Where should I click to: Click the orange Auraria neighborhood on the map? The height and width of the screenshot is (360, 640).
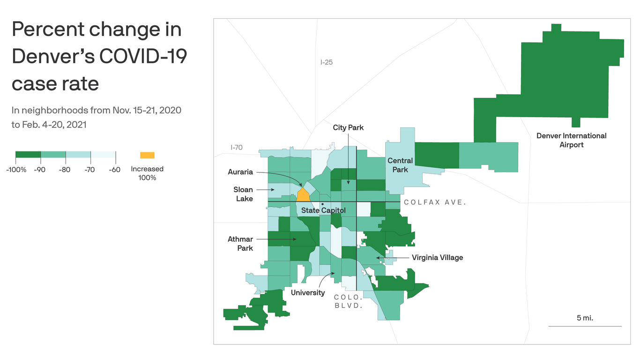pos(303,195)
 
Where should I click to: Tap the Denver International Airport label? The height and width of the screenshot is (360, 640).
pos(571,140)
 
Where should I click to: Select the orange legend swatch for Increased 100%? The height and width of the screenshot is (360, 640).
pos(147,155)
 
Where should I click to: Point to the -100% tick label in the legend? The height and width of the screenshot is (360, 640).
pos(16,170)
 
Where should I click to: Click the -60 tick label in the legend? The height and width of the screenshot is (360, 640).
pos(115,170)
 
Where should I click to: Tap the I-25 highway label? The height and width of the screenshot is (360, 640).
pos(326,62)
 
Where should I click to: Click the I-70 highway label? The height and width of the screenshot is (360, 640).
pos(236,147)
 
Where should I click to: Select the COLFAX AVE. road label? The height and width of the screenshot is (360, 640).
pos(435,202)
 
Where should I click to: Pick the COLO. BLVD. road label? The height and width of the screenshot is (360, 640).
pos(349,301)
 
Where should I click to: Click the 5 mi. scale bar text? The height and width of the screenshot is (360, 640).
pos(585,318)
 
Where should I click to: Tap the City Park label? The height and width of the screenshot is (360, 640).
pos(348,127)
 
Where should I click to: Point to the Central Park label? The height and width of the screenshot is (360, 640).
pos(400,165)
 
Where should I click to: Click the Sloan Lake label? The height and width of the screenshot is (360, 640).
pos(243,194)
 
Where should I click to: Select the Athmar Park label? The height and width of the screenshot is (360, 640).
pos(240,244)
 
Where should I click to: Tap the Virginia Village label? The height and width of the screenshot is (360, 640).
pos(437,257)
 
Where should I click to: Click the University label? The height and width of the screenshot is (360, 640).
pos(308,292)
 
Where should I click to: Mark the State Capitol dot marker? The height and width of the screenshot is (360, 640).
pos(322,204)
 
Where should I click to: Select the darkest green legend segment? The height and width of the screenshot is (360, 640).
pos(28,155)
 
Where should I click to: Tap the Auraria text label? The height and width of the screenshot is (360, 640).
pos(240,172)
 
